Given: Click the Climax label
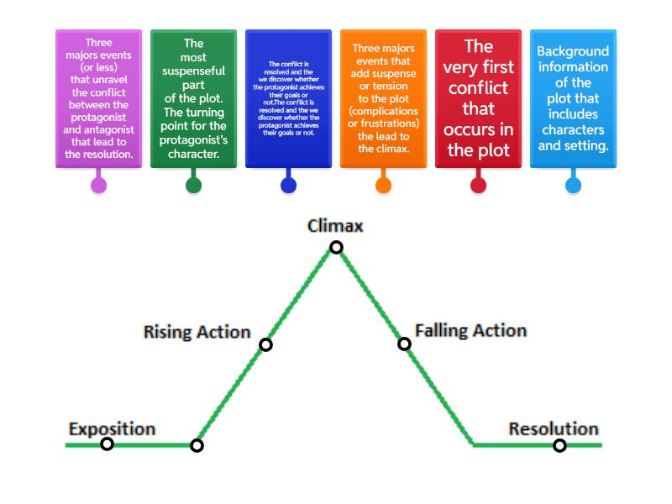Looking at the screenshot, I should point(335,225).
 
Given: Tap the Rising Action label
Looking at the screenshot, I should point(197,332).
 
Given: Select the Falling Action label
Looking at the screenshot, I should point(470,330).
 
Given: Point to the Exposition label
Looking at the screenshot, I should point(112,429).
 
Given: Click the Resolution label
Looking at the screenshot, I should point(553,429).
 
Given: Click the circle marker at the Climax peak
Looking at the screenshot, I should point(336,247).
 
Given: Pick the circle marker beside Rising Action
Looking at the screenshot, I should point(265,344).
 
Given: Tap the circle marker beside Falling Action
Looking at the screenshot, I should point(404,344).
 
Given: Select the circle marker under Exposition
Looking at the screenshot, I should point(107,444).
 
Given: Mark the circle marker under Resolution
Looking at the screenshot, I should point(559,445).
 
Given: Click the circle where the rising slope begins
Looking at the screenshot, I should point(197,445).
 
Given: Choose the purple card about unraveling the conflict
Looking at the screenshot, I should point(98,98).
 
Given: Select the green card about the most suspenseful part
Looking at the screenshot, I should point(193,98).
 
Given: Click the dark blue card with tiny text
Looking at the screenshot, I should point(288,98).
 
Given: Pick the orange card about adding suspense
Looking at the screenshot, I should point(383,98).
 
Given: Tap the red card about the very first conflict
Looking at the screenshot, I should point(478,98).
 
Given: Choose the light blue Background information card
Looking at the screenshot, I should point(573,98).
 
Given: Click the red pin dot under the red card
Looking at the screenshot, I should point(478,186).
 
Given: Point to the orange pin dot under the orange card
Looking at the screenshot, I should point(383,186).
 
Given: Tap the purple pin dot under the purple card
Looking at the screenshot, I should point(98,186).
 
